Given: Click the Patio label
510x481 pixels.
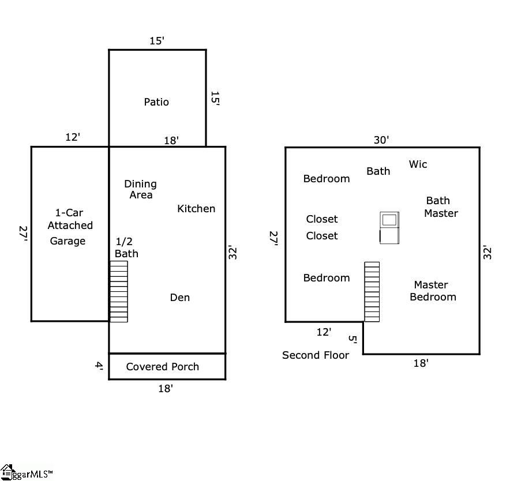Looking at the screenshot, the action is point(156,102).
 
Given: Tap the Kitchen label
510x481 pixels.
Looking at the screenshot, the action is point(196,208).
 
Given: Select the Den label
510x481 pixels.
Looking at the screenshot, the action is point(180,297).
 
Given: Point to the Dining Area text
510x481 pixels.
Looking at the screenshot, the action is point(141,189).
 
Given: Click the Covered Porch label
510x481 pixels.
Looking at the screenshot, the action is point(162,367).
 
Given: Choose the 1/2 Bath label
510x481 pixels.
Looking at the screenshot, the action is point(126,247).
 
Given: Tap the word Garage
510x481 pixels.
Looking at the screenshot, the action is point(67,241).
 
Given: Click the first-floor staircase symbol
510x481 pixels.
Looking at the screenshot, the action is point(119,291).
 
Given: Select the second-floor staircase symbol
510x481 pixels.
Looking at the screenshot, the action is point(372,292).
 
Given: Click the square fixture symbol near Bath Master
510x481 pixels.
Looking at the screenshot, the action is point(389,228).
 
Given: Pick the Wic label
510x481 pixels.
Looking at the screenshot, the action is point(418,164).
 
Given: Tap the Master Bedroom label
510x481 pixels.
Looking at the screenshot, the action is point(433,291).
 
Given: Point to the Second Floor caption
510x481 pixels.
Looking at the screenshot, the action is point(316,355).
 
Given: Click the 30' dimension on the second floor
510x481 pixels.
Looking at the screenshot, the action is point(381,140).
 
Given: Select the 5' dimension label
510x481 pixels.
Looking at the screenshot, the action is point(352,339).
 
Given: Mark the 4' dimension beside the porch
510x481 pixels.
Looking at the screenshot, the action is point(99,366).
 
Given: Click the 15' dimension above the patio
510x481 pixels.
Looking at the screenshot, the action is point(157,40).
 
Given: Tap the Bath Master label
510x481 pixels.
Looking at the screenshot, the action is point(441,207).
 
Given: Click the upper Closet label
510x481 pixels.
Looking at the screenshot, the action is point(322,219).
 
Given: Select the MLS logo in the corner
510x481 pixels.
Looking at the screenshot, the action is point(26,472).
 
